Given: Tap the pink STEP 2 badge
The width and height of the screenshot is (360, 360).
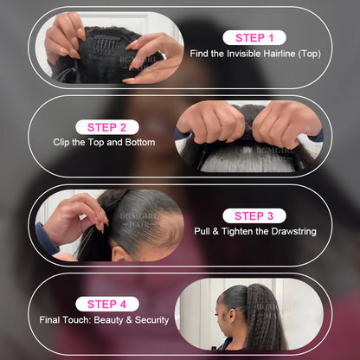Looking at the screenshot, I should pyautogui.click(x=106, y=127).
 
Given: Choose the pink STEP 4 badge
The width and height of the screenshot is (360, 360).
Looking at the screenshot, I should pyautogui.click(x=106, y=304).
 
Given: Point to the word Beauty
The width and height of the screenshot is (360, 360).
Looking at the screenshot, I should pyautogui.click(x=105, y=320).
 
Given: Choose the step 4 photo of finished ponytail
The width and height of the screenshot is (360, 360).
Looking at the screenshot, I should pyautogui.click(x=251, y=314).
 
